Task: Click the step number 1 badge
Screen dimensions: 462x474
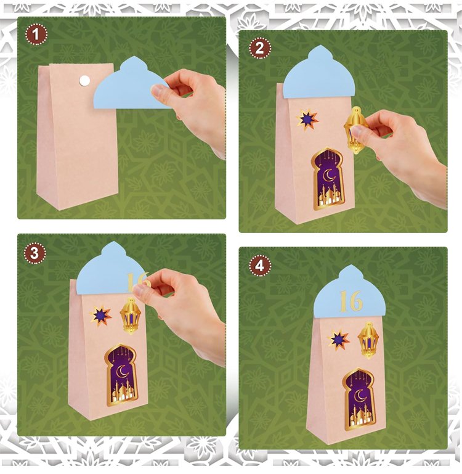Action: [36, 35]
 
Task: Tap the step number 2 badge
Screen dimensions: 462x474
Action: [260, 48]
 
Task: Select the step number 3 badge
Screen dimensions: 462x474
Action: [34, 253]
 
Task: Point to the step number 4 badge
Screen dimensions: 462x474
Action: [260, 266]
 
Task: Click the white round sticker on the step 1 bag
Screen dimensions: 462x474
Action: [84, 80]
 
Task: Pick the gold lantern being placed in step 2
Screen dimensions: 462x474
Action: [356, 130]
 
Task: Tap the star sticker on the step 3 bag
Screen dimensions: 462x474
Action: [100, 316]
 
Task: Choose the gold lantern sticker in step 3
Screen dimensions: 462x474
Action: [131, 316]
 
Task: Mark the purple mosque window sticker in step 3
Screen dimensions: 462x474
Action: [121, 375]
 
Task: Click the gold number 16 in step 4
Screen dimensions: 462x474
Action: [351, 301]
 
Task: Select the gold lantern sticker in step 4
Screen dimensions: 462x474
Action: [368, 340]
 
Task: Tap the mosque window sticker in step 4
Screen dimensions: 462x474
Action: [359, 399]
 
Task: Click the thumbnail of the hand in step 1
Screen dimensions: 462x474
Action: [157, 90]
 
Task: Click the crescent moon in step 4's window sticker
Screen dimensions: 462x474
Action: [360, 395]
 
